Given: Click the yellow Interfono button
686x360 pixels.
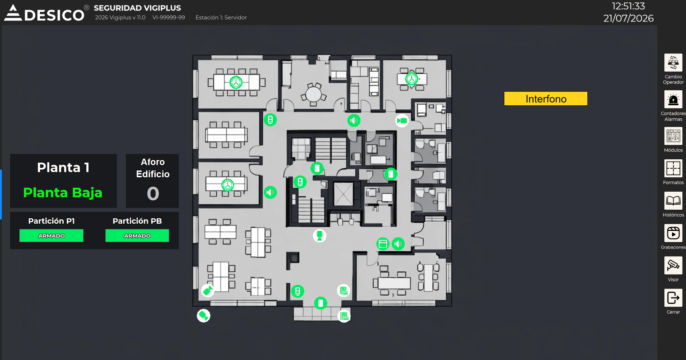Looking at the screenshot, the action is pyautogui.click(x=545, y=99).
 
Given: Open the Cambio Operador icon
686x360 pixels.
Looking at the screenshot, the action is pyautogui.click(x=673, y=63).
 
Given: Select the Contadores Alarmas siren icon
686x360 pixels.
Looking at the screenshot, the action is pyautogui.click(x=673, y=99).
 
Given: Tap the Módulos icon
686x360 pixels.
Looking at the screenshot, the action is pyautogui.click(x=673, y=136).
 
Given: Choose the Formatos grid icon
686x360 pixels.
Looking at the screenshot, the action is pyautogui.click(x=673, y=168).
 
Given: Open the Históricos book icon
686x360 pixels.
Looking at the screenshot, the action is pyautogui.click(x=673, y=201).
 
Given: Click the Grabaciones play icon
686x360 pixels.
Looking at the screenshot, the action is pyautogui.click(x=673, y=233).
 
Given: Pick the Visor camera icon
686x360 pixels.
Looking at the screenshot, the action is pyautogui.click(x=673, y=265).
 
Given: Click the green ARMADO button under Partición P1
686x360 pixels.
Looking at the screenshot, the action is pyautogui.click(x=51, y=236).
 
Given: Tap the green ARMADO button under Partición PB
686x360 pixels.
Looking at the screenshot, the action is pyautogui.click(x=137, y=236).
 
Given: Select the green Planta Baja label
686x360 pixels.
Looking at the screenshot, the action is pyautogui.click(x=63, y=193).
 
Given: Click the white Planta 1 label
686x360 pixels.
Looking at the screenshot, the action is pyautogui.click(x=63, y=167).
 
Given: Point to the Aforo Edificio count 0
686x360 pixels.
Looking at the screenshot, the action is pyautogui.click(x=153, y=193).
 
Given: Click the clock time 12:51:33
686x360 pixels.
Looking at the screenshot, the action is pyautogui.click(x=628, y=6).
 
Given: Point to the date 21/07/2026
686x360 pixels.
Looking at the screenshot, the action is pyautogui.click(x=628, y=18).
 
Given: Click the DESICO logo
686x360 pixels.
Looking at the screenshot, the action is pyautogui.click(x=44, y=13).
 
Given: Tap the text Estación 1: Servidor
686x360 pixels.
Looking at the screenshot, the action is pyautogui.click(x=221, y=18).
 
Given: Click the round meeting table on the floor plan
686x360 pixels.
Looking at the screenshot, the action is pyautogui.click(x=313, y=94).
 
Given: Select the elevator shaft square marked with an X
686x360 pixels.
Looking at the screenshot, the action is pyautogui.click(x=344, y=194).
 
